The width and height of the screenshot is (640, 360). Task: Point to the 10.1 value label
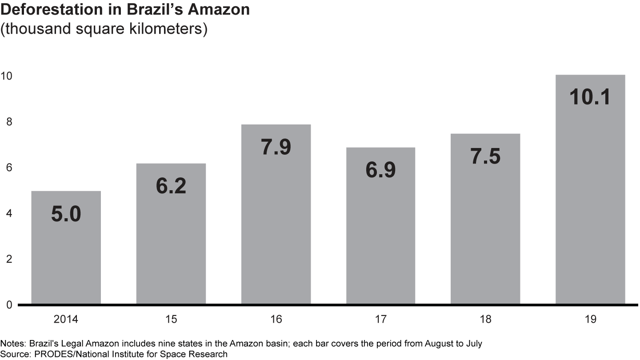(x=590, y=97)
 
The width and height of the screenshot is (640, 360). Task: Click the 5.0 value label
(x=66, y=214)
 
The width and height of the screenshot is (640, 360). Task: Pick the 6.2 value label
(x=171, y=186)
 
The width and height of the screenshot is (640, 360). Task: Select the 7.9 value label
(x=276, y=148)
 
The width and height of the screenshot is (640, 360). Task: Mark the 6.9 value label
(x=380, y=170)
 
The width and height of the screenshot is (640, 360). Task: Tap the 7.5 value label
(x=485, y=156)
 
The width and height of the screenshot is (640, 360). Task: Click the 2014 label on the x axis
(x=66, y=319)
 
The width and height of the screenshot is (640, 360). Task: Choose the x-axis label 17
(x=380, y=319)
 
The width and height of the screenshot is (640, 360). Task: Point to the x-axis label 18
(x=485, y=319)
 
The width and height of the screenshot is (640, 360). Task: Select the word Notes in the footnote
(x=12, y=344)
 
